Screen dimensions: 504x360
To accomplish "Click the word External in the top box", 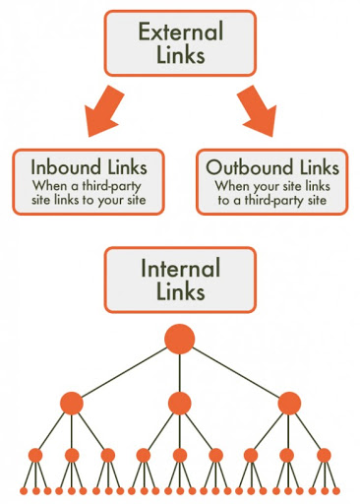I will [179, 31].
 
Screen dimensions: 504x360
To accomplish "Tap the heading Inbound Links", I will [87, 166].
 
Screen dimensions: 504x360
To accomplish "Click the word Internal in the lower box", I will [179, 267].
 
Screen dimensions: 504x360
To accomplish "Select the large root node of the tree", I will [179, 340].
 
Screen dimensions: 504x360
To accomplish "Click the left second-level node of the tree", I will [71, 404].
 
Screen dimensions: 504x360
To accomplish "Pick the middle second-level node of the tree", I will [179, 404].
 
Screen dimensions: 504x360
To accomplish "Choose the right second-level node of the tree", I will [288, 404].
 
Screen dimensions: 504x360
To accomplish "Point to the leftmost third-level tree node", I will [35, 455].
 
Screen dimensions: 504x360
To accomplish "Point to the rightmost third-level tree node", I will [324, 455].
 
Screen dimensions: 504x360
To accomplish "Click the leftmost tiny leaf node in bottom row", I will [22, 490].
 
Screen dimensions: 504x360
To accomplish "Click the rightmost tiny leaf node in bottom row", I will [337, 490].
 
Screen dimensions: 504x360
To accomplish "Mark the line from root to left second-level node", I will [123, 372].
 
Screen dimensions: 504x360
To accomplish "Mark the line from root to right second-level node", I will [236, 372].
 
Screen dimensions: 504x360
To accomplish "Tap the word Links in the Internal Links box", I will [179, 292].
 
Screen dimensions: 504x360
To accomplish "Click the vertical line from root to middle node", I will [179, 374].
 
